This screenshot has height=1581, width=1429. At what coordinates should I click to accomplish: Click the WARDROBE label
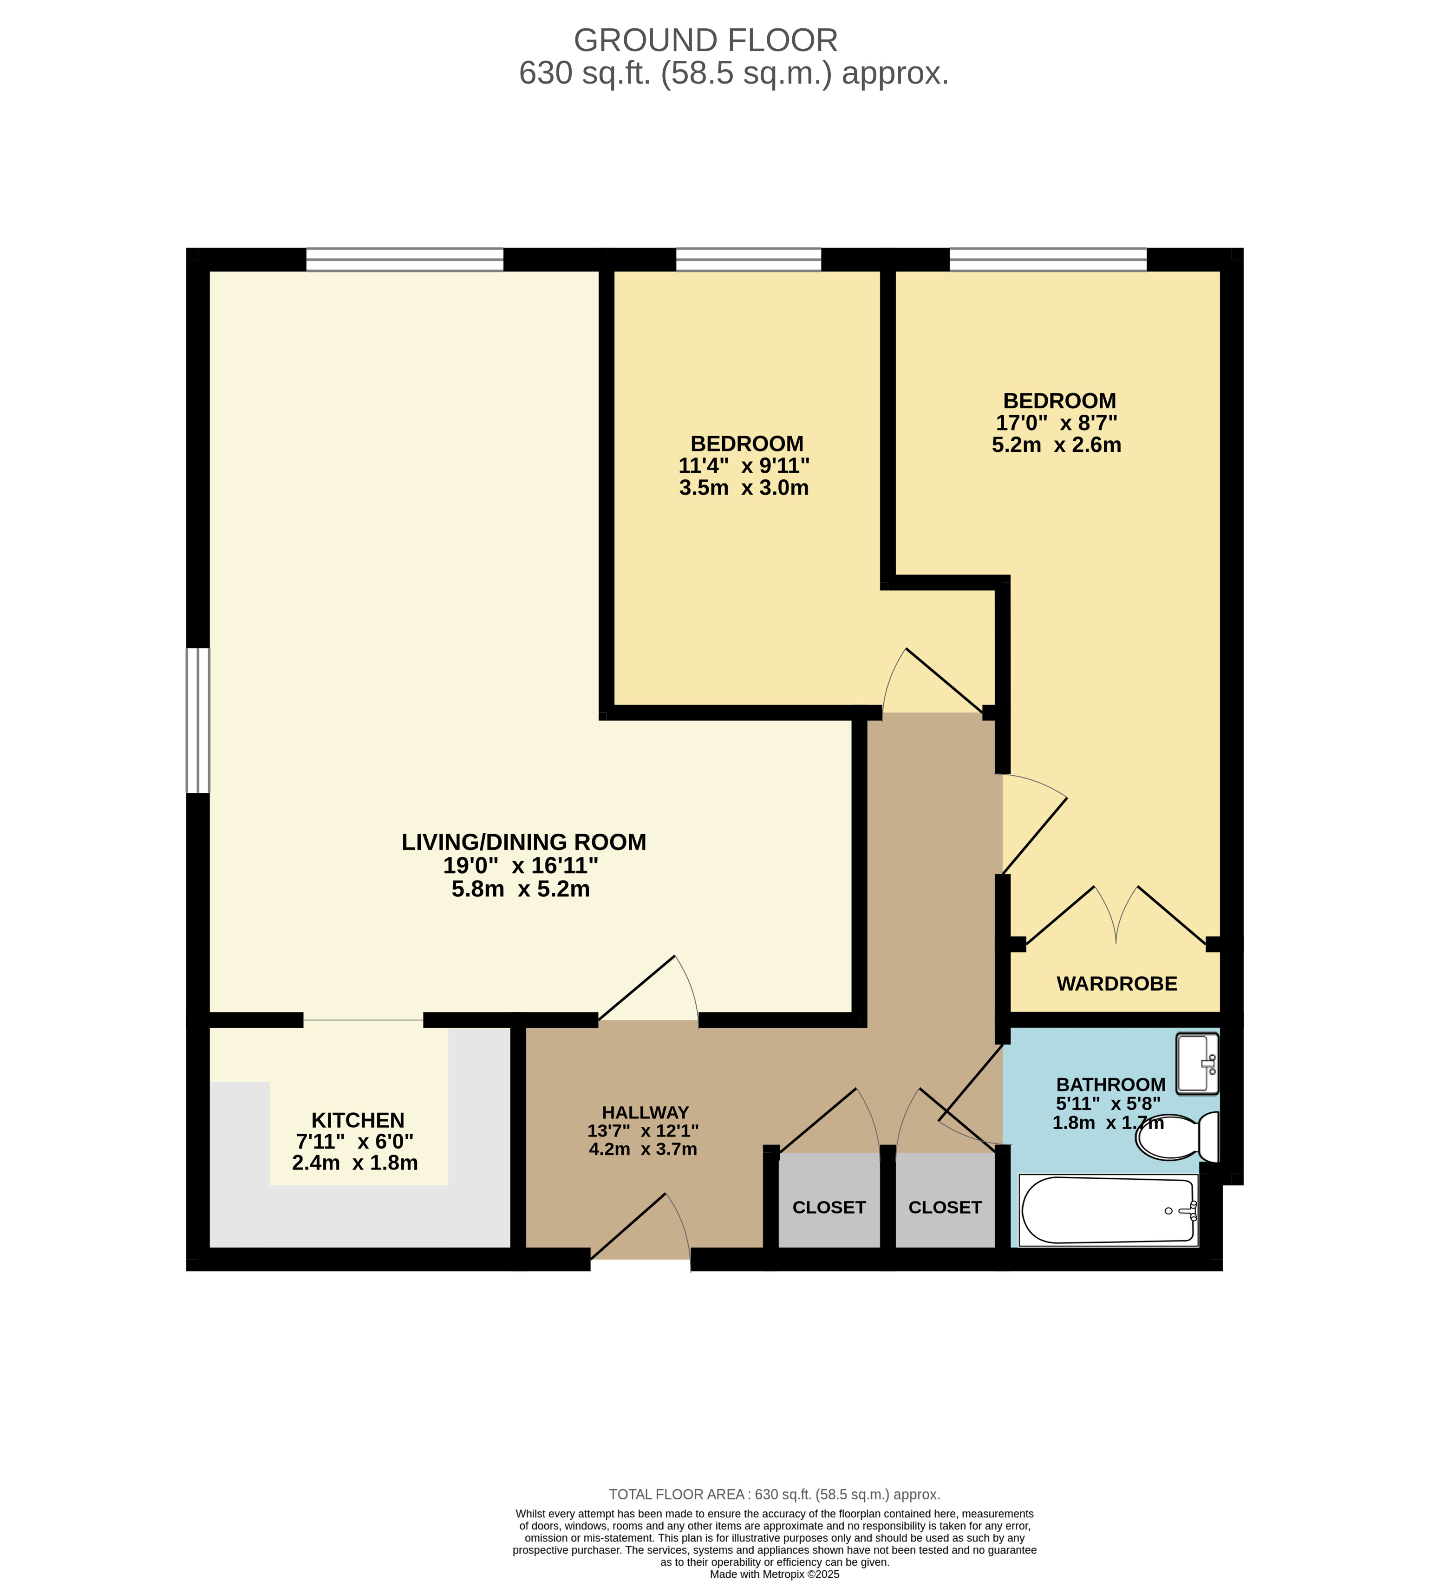pyautogui.click(x=1117, y=984)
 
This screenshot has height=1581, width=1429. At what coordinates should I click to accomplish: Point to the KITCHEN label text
pyautogui.click(x=358, y=1121)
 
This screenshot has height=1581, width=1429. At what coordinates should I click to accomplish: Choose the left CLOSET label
pyautogui.click(x=829, y=1208)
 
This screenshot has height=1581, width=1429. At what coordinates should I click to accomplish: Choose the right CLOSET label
pyautogui.click(x=945, y=1208)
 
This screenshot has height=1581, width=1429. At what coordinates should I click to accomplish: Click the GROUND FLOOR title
pyautogui.click(x=706, y=41)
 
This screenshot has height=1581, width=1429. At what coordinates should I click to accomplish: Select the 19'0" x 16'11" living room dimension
pyautogui.click(x=521, y=866)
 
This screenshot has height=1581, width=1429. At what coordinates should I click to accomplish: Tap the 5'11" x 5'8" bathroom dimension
pyautogui.click(x=1108, y=1104)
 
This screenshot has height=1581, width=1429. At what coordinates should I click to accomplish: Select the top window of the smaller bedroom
pyautogui.click(x=748, y=260)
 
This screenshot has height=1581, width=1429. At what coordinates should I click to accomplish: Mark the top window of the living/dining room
pyautogui.click(x=404, y=260)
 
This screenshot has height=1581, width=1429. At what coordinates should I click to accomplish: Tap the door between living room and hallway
pyautogui.click(x=648, y=988)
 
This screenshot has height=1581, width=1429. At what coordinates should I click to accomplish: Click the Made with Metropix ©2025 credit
pyautogui.click(x=774, y=1574)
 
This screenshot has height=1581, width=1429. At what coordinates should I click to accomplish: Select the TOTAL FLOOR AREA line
pyautogui.click(x=774, y=1495)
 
